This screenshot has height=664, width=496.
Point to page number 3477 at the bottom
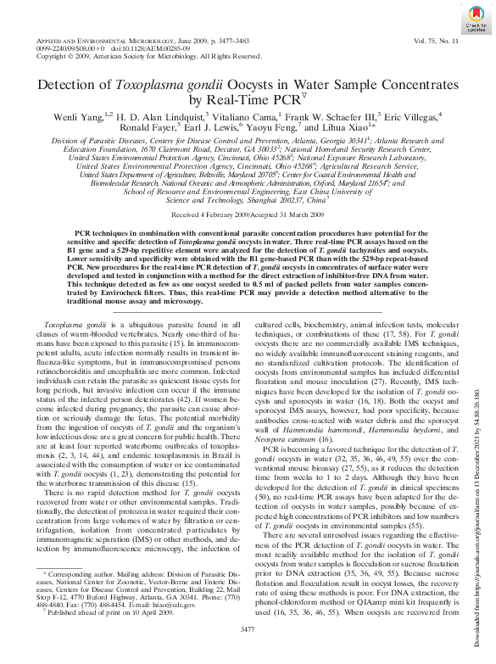[248, 652]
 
